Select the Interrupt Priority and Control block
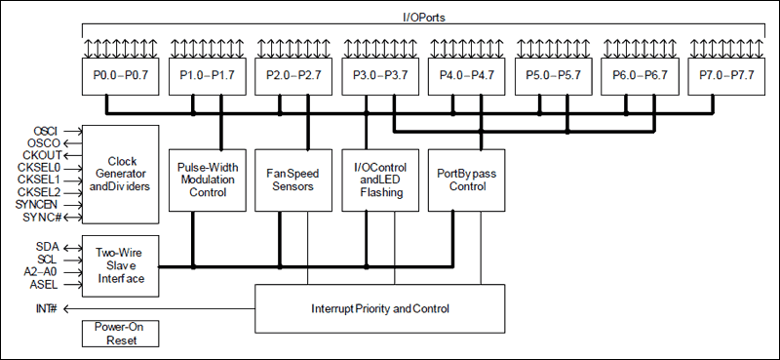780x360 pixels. pos(380,309)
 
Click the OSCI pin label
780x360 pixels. pos(46,131)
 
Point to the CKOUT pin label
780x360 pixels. pos(44,155)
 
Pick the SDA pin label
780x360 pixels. pos(47,247)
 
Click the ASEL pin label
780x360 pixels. pos(45,284)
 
